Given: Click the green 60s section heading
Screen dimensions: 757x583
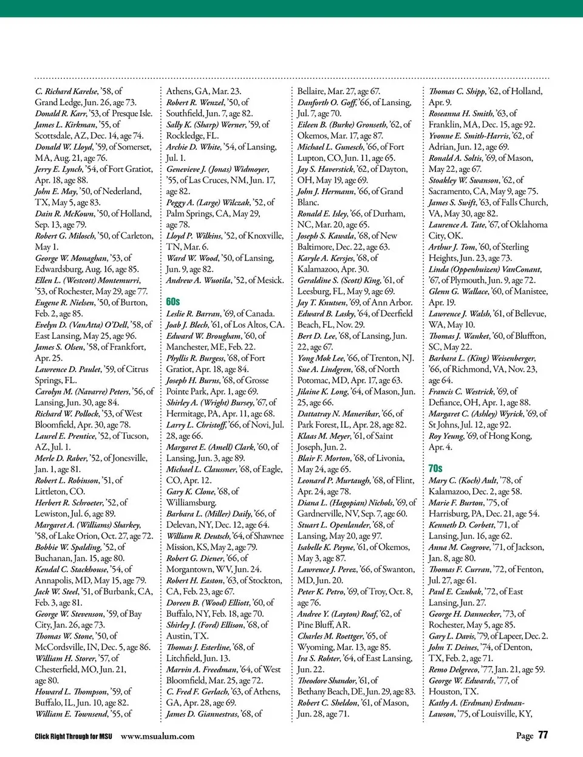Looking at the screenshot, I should click(x=173, y=301).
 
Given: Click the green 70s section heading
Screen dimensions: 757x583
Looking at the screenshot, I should click(x=435, y=468).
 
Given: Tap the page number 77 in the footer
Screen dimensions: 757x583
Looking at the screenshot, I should click(x=543, y=735).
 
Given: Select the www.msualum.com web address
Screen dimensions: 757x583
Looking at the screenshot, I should click(x=158, y=736).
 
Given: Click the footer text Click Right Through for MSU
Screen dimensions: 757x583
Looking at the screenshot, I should click(x=73, y=736).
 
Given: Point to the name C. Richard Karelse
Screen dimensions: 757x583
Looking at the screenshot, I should click(x=66, y=91).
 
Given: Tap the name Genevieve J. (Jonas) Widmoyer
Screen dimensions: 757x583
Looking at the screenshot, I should click(x=217, y=169).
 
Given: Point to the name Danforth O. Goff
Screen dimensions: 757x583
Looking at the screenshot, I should click(x=326, y=103).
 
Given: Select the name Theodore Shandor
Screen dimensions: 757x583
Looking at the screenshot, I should click(x=327, y=681).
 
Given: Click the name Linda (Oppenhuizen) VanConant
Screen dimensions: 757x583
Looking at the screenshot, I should click(x=485, y=269).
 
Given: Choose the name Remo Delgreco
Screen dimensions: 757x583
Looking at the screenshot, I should click(x=454, y=670).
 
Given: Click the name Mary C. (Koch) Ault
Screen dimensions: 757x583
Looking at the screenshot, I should click(x=463, y=480).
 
